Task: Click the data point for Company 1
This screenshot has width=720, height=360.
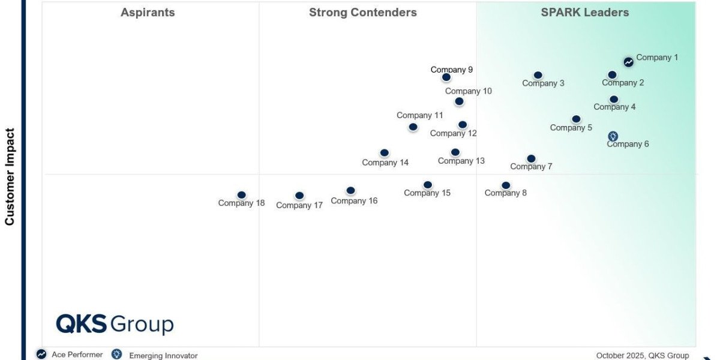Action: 628,62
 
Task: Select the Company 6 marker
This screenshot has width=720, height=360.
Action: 613,136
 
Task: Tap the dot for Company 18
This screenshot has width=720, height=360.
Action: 241,195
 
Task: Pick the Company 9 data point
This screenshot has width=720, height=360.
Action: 446,77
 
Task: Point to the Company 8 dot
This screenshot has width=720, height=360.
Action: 506,185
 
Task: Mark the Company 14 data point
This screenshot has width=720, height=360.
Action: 385,153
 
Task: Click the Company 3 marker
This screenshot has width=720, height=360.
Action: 538,76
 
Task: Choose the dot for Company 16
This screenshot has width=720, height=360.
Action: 350,191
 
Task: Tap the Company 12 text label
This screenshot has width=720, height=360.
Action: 454,133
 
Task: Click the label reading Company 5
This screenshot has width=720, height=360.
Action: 571,127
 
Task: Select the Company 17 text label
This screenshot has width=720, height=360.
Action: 299,205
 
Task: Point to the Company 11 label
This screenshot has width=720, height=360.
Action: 420,115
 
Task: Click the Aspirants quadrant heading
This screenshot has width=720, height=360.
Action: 148,13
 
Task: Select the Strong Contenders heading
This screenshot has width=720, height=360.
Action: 363,13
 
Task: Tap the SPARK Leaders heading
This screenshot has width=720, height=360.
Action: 585,13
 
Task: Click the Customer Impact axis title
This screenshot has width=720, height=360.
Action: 10,176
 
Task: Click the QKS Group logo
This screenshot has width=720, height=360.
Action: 115,324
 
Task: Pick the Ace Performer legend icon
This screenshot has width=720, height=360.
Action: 41,354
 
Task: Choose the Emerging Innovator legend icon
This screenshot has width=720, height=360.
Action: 117,354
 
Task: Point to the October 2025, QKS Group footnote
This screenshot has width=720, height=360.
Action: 643,355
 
